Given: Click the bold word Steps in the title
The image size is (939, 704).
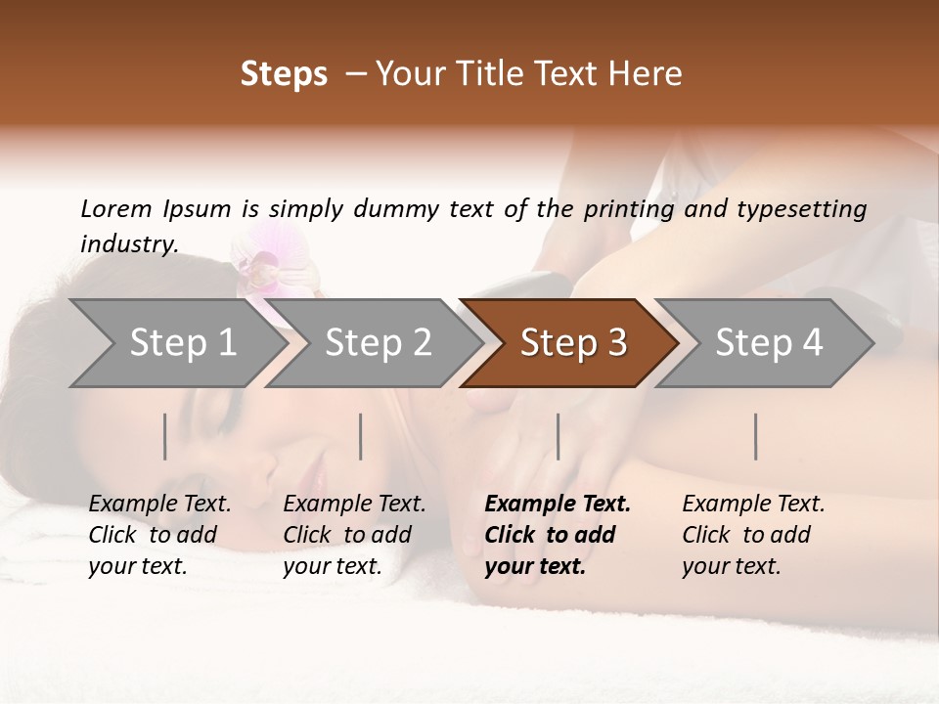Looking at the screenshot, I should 284,73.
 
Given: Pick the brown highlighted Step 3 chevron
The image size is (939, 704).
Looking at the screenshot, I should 573,342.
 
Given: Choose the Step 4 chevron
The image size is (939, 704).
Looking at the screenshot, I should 769,342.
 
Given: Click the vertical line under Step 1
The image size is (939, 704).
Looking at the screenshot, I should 165,436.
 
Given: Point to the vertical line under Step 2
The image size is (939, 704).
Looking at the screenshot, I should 361,436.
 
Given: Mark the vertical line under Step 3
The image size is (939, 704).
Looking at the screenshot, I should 559,436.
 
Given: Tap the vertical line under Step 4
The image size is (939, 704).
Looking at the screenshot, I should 756,436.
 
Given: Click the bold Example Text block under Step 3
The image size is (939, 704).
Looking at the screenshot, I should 558,535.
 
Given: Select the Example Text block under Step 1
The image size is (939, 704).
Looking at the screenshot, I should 159,535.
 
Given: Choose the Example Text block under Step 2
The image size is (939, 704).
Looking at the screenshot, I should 354,535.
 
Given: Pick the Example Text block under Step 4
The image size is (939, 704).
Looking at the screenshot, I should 753,535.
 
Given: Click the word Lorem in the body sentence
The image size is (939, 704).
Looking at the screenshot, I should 116,208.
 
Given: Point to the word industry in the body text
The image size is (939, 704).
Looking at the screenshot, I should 128,244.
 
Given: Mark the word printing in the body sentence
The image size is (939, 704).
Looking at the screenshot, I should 628,209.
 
